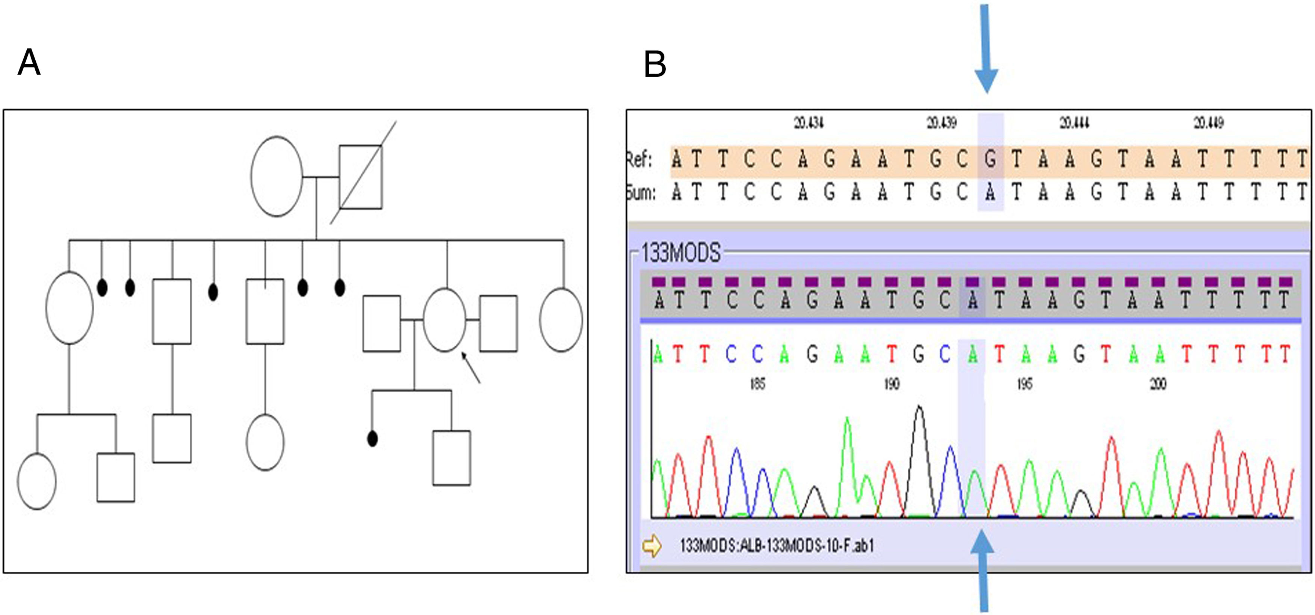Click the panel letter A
pos(29,63)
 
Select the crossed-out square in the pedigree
pos(361,177)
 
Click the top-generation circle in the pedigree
pos(276,176)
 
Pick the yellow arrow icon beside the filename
pos(652,545)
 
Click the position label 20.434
pos(809,123)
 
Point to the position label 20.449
pos(1208,123)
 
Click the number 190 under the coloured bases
pos(891,384)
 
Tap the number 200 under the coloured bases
pos(1158,384)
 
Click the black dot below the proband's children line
pos(373,438)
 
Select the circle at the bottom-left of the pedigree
pos(37,481)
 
